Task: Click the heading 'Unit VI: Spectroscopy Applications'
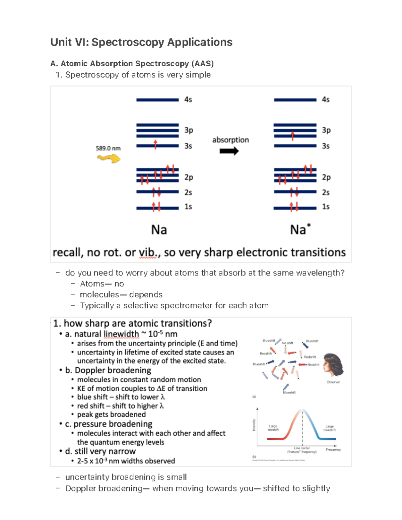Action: pos(141,42)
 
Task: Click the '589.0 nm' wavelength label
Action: pos(108,148)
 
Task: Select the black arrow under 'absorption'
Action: pos(229,151)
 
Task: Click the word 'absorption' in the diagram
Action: pos(230,140)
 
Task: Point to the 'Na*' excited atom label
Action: pos(300,229)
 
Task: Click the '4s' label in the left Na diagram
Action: pos(188,100)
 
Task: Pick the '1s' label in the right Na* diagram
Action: pos(326,207)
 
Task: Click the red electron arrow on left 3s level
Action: pos(155,144)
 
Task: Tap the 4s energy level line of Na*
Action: pos(295,100)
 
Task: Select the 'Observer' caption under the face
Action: pos(333,382)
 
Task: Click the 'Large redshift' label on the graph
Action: pos(273,428)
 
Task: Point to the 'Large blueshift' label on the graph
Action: pos(329,428)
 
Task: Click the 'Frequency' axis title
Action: pos(333,450)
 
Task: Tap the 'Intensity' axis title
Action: pos(254,425)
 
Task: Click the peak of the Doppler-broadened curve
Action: pos(302,410)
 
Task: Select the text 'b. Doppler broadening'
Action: pos(108,370)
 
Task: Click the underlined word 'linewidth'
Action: pos(121,334)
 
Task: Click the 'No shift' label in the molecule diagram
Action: pos(287,343)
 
